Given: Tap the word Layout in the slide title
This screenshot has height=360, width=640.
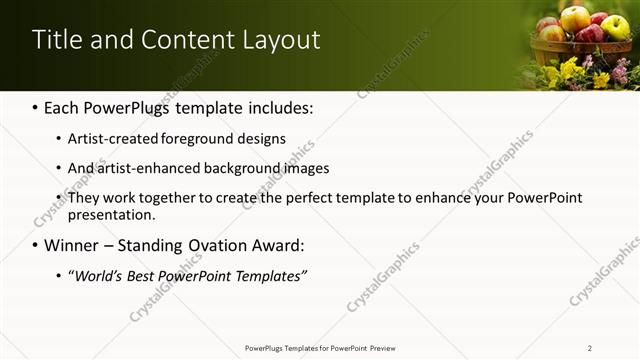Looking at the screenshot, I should pyautogui.click(x=281, y=40).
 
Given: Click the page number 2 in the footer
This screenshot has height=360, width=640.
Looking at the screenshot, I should pyautogui.click(x=589, y=347).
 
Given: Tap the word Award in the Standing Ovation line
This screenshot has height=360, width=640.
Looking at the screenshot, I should pyautogui.click(x=272, y=245).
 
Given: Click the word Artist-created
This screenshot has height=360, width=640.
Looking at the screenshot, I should pyautogui.click(x=114, y=139).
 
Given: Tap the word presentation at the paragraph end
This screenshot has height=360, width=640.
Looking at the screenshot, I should pyautogui.click(x=111, y=215).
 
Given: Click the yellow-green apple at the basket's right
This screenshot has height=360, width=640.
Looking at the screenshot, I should pyautogui.click(x=615, y=27).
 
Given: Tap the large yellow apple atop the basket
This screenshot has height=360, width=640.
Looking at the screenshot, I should pyautogui.click(x=575, y=17).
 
